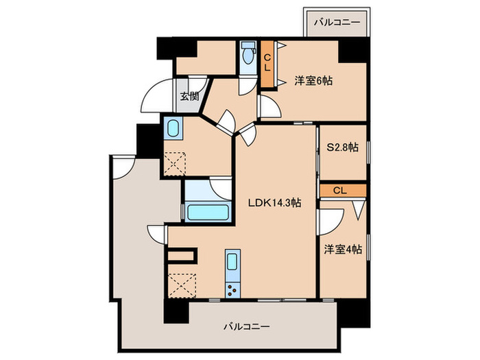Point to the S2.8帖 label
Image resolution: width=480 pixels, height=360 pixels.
click(342, 147)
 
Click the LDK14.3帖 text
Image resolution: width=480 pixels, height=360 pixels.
click(274, 202)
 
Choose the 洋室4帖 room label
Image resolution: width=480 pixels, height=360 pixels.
click(343, 250)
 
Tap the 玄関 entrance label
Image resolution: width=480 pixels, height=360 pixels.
click(189, 96)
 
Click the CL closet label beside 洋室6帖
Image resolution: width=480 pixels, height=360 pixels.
click(268, 62)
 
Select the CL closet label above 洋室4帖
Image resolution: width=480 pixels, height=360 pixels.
click(340, 190)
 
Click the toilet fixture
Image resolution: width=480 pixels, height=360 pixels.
click(247, 55)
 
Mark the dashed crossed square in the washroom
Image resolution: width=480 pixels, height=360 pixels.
click(177, 164)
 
